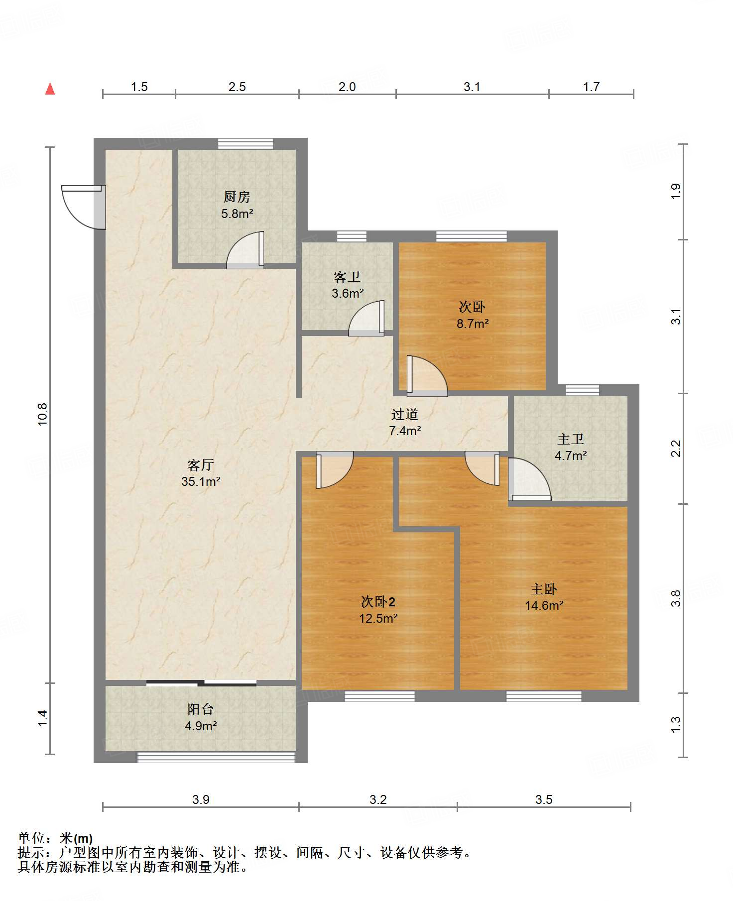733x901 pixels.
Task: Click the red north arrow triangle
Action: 50,89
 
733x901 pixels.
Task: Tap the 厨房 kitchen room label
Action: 237,197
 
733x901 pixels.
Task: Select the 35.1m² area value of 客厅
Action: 201,481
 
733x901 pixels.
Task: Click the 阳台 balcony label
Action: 201,709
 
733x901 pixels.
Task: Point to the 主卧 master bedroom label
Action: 544,589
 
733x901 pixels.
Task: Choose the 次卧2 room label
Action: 378,602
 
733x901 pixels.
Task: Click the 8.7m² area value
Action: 473,324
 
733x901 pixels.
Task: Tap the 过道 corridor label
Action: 404,414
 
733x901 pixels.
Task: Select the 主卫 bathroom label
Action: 571,439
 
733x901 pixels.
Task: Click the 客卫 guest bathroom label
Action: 347,277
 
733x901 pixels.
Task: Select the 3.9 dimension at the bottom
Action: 201,799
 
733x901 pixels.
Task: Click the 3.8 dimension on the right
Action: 676,598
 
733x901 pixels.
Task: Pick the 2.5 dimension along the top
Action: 237,87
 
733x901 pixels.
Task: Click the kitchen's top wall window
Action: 245,143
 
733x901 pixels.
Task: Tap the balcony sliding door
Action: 201,683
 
